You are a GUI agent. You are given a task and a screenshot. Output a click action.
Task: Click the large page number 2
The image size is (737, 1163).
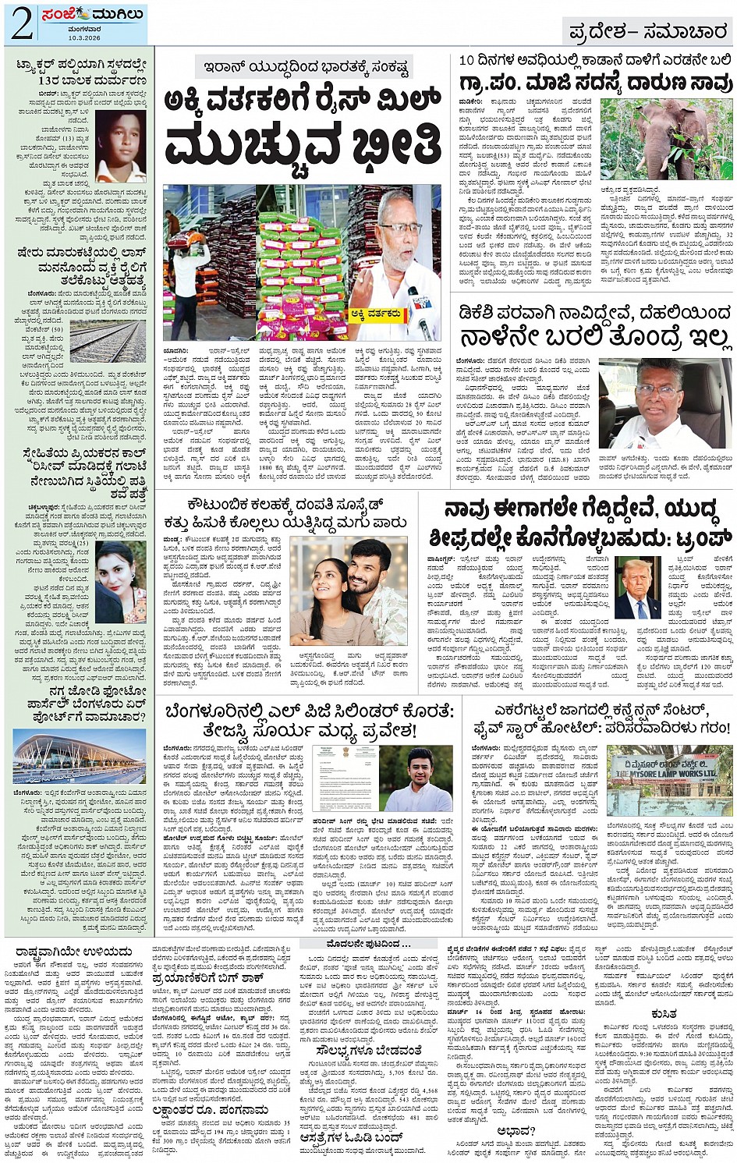[x=21, y=24]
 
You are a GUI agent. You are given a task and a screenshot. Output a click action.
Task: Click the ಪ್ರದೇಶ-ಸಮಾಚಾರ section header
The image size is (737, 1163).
[x=647, y=32]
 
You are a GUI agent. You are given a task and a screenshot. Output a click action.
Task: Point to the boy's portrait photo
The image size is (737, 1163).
[x=121, y=145]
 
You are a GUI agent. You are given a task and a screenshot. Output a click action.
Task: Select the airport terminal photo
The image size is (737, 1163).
[x=80, y=757]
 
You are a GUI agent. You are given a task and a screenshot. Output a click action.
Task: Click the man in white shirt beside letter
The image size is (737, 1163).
[x=419, y=778]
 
